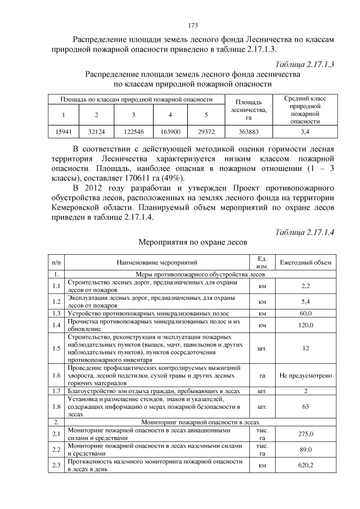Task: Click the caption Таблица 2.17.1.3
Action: (305, 65)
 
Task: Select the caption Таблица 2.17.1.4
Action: (305, 232)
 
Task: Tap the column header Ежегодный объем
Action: (305, 262)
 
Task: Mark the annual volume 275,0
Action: (305, 434)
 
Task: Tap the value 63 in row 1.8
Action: (305, 405)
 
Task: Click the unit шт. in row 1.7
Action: (262, 390)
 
